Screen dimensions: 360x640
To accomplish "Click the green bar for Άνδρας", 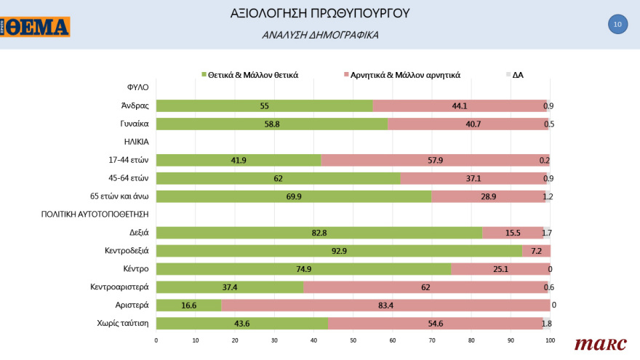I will pos(264,105).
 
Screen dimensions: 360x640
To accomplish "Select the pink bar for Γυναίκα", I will pos(468,124).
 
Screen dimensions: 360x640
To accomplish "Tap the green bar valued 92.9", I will pos(339,251).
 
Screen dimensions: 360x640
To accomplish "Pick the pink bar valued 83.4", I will pos(385,305).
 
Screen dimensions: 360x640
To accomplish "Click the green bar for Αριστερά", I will pos(188,305).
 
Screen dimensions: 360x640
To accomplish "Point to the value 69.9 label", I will pos(294,196).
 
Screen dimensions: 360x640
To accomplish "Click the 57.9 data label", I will pos(435,160).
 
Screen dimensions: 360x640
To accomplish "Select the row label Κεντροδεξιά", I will pos(127,251).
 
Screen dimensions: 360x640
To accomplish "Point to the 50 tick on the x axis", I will pos(353,340).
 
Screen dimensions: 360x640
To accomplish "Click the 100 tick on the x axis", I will pos(550,340).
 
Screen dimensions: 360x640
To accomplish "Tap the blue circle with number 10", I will pos(617,25).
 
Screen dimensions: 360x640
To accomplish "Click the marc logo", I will pos(596,344).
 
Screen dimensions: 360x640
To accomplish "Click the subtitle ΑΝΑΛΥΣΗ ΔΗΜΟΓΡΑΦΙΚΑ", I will pos(320,35).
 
